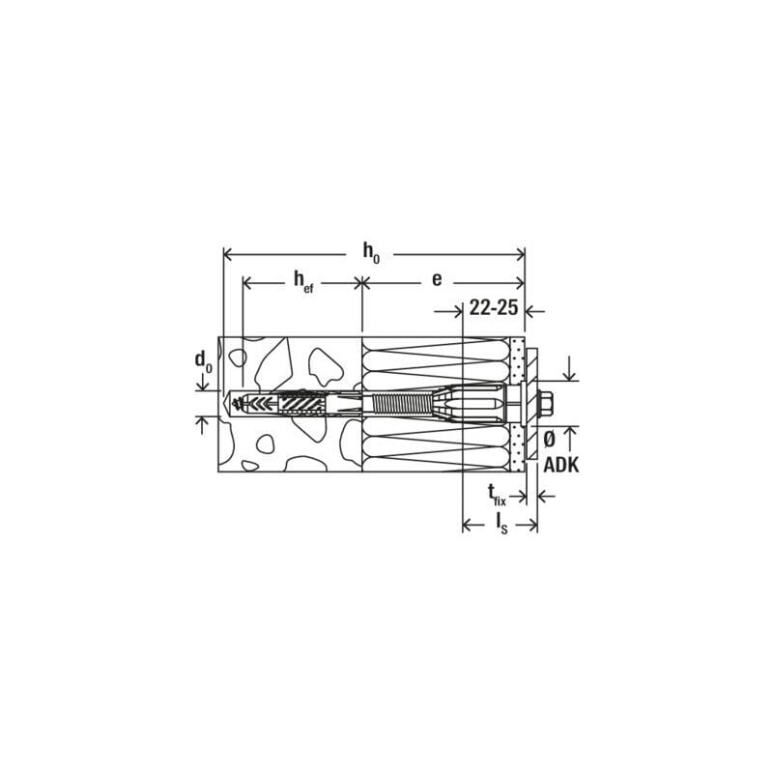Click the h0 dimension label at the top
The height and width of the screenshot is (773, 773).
371,252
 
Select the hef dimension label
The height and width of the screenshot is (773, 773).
303,281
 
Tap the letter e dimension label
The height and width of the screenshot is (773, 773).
437,279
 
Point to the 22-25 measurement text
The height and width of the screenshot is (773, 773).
494,307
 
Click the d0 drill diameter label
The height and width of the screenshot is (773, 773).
203,361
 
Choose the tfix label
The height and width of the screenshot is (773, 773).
497,495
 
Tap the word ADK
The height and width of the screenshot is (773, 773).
561,465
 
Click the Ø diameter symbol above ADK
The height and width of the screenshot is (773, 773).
549,440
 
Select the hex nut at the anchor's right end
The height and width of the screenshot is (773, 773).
547,403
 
